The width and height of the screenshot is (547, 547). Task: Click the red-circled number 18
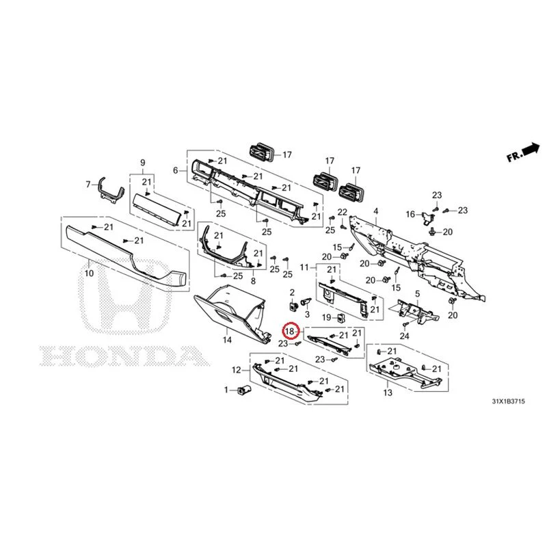pyautogui.click(x=290, y=331)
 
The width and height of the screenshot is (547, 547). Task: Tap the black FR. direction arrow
pyautogui.click(x=531, y=149)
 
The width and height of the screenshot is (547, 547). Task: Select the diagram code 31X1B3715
pyautogui.click(x=508, y=401)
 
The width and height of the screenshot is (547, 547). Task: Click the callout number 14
pyautogui.click(x=227, y=340)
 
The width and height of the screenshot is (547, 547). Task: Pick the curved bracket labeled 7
pyautogui.click(x=111, y=190)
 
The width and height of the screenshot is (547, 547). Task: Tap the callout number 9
pyautogui.click(x=143, y=163)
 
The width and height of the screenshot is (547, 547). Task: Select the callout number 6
pyautogui.click(x=176, y=170)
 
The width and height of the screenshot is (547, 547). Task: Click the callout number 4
pyautogui.click(x=375, y=211)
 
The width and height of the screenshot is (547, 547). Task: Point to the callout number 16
pyautogui.click(x=410, y=214)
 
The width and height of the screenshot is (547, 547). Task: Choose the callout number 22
pyautogui.click(x=343, y=212)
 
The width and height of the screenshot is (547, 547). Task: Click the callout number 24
pyautogui.click(x=404, y=336)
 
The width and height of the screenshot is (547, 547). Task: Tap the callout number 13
pyautogui.click(x=388, y=392)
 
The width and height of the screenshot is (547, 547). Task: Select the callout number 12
pyautogui.click(x=237, y=370)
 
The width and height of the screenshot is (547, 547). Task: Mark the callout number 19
pyautogui.click(x=327, y=317)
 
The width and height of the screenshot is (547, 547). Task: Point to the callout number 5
pyautogui.click(x=418, y=294)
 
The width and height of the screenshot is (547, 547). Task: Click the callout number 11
pyautogui.click(x=304, y=267)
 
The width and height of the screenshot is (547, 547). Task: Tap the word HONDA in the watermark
pyautogui.click(x=124, y=356)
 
